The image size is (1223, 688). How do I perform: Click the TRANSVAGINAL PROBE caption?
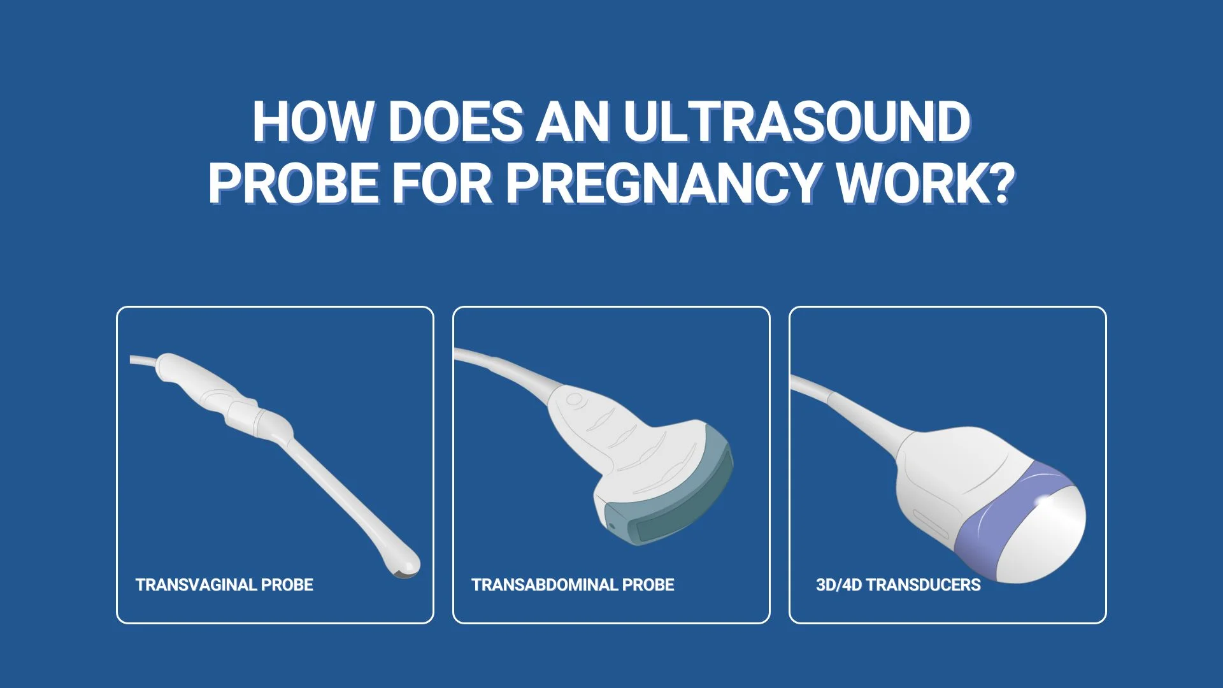pyautogui.click(x=224, y=585)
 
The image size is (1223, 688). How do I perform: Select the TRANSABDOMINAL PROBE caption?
pyautogui.click(x=573, y=585)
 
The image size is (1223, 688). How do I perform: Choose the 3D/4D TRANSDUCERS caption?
pyautogui.click(x=898, y=585)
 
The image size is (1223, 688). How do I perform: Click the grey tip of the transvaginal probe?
pyautogui.click(x=406, y=573)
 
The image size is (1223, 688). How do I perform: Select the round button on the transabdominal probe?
pyautogui.click(x=574, y=401)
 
